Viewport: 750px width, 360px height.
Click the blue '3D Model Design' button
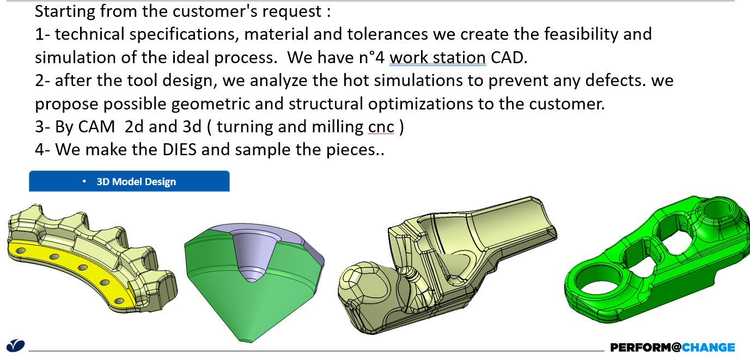click(x=129, y=181)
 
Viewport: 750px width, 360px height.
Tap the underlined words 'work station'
click(x=437, y=57)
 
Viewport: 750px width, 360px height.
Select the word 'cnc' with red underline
click(x=381, y=127)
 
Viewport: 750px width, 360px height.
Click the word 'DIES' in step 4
click(x=179, y=149)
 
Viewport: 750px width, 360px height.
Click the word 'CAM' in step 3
click(x=96, y=126)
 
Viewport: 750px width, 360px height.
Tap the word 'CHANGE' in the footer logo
click(x=708, y=347)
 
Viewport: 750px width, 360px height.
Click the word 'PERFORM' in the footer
click(x=641, y=347)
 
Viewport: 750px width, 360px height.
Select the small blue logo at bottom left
click(x=15, y=346)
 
